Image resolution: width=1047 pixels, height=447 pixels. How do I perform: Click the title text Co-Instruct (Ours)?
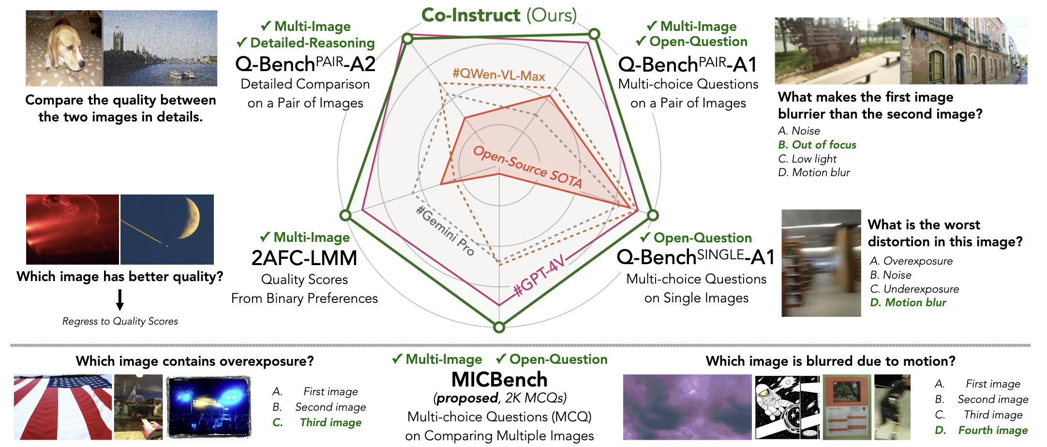point(499,15)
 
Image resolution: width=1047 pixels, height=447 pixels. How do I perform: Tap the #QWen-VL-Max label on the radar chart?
point(498,74)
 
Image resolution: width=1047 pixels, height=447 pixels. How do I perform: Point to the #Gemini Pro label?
point(445,230)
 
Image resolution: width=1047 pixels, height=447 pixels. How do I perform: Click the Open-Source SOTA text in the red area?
point(527,167)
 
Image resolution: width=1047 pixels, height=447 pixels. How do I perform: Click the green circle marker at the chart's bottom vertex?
point(499,328)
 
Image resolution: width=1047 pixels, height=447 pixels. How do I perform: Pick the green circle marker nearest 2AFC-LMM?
point(345,215)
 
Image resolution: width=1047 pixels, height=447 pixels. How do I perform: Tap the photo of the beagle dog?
point(64,48)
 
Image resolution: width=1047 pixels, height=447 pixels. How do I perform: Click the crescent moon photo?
point(167,229)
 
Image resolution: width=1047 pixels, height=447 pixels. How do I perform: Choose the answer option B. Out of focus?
point(817,145)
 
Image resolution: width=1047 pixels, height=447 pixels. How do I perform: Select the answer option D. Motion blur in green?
point(908,303)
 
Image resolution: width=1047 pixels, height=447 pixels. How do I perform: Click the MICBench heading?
point(499,380)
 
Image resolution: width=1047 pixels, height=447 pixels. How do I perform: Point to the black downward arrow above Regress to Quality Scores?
point(120,299)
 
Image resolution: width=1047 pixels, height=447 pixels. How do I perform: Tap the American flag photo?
point(63,407)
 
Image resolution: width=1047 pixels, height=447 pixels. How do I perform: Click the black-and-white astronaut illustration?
point(787,407)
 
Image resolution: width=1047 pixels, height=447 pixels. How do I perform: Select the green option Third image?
point(330,422)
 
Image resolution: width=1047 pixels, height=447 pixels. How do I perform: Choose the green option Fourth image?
point(993,430)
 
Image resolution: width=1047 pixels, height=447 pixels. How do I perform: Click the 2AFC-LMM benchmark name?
point(304,258)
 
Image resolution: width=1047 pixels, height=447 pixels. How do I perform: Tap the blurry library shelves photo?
point(821,263)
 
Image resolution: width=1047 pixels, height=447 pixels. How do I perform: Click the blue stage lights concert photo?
point(209,407)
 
